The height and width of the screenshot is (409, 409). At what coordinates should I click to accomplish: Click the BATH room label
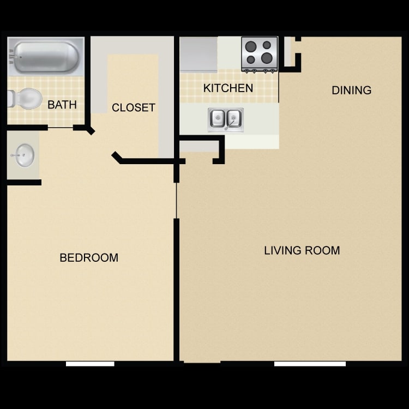point(62,105)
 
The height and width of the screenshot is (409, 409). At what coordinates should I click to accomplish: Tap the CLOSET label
point(134,107)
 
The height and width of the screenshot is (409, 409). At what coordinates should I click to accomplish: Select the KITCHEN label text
point(228,88)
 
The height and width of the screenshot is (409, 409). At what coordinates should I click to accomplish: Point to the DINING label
point(351,90)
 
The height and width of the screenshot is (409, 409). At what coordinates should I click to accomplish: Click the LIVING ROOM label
point(302,250)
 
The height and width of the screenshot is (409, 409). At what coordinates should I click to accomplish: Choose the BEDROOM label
point(89,257)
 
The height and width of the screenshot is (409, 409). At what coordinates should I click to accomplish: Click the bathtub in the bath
point(46,56)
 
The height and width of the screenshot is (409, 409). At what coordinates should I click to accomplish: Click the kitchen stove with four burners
point(260,53)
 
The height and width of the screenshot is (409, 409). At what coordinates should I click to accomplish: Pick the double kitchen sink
point(226,119)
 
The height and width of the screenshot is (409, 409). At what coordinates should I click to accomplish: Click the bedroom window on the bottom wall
point(90,363)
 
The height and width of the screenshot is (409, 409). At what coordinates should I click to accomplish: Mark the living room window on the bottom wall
point(310,363)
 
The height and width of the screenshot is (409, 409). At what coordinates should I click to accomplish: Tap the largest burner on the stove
point(267,58)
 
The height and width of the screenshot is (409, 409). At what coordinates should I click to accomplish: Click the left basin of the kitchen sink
point(218,118)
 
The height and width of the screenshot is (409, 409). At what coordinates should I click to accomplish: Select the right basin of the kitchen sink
point(233,118)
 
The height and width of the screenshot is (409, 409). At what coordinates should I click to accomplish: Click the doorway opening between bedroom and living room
point(177,200)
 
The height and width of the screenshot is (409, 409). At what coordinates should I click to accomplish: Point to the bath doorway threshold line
point(61,128)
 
